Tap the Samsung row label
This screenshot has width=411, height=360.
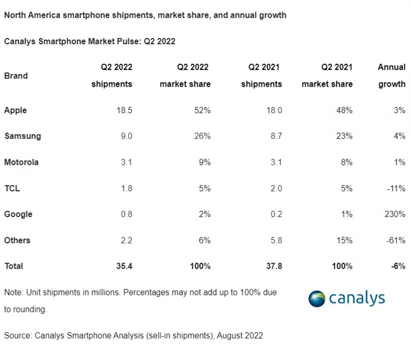23,136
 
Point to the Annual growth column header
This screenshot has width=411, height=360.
391,75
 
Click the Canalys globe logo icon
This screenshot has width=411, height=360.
317,299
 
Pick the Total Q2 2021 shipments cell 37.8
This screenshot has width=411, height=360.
274,266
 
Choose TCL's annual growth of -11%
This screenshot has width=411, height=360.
396,188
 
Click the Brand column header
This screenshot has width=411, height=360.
16,76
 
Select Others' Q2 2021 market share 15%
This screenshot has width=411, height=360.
344,240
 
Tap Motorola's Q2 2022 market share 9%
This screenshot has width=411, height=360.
204,162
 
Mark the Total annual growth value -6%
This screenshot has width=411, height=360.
398,266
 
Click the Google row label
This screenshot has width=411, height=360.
18,214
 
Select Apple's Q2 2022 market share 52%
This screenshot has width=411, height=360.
202,110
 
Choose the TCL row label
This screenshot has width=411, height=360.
12,188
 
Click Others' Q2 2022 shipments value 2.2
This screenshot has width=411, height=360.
126,240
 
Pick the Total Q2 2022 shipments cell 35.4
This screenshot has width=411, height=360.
124,266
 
